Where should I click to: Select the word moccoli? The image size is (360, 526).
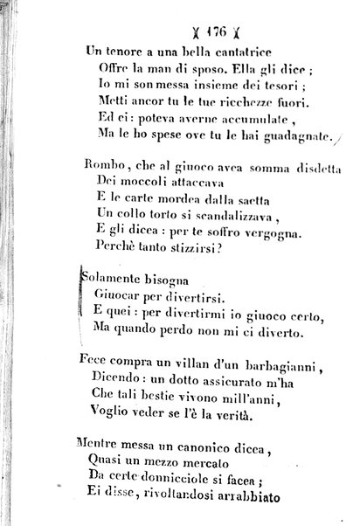coord(139,186)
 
